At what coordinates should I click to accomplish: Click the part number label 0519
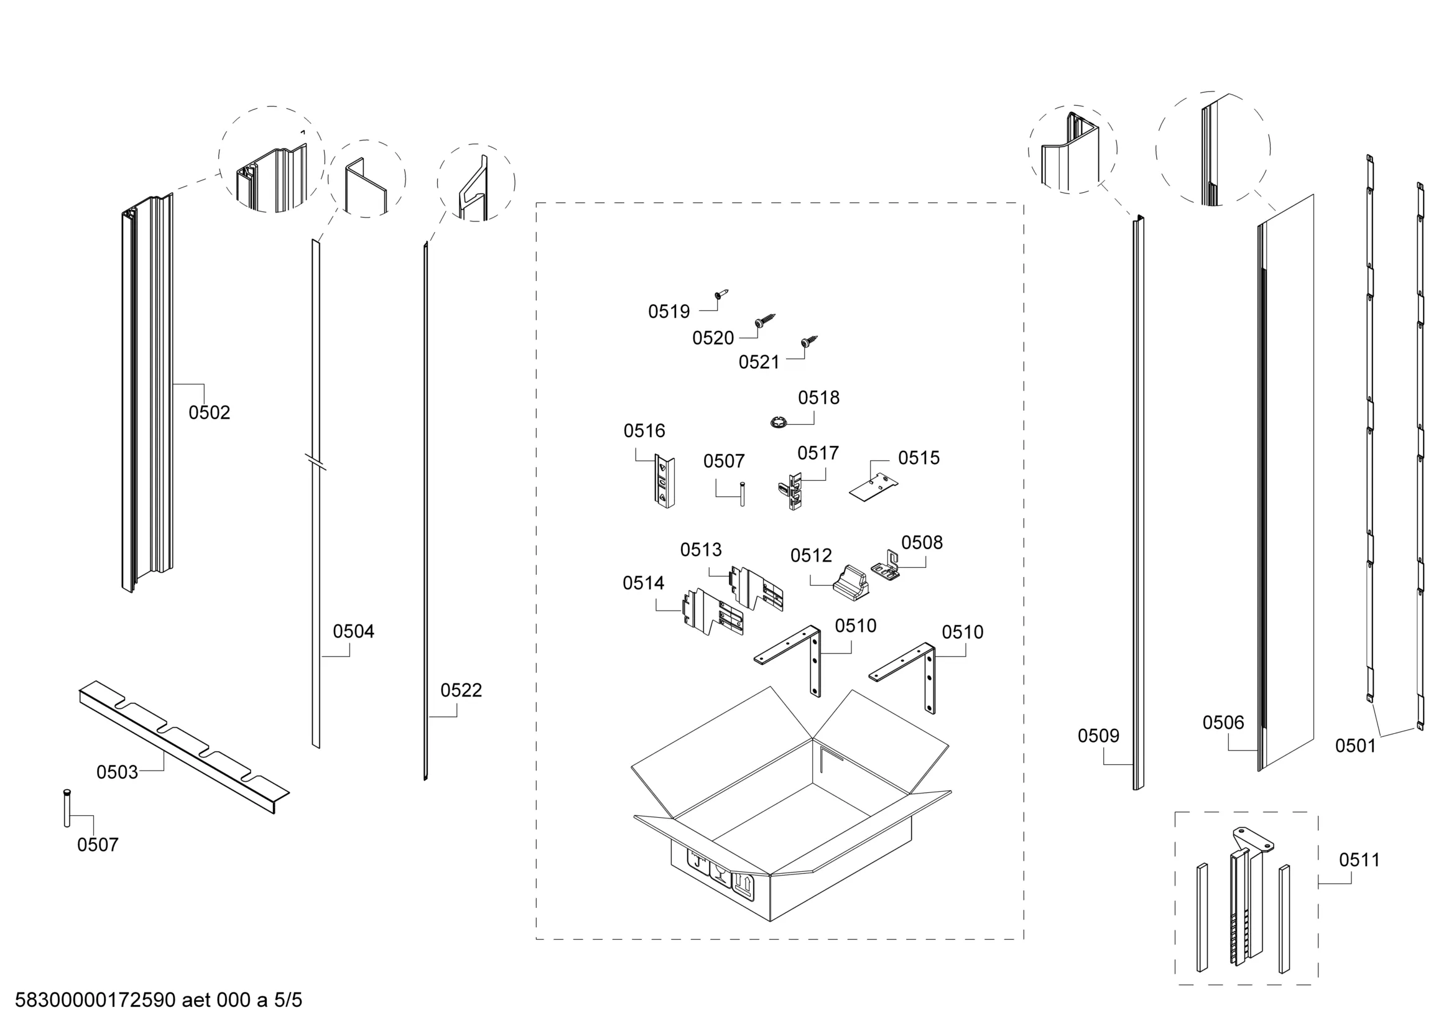669,312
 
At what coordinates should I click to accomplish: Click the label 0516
644,431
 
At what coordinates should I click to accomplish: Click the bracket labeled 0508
887,565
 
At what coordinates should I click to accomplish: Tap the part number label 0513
700,550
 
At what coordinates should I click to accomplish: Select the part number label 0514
644,583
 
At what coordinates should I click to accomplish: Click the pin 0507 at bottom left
67,808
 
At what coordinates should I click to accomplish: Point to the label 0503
117,772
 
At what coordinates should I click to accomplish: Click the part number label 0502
209,413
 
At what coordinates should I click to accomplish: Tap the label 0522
461,690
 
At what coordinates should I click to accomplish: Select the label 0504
353,631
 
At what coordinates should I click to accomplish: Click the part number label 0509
1099,736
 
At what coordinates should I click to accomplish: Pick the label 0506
1223,723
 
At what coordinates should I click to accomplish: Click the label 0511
1359,860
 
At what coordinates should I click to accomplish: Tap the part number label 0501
1356,746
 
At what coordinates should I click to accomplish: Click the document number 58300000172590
95,1000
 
